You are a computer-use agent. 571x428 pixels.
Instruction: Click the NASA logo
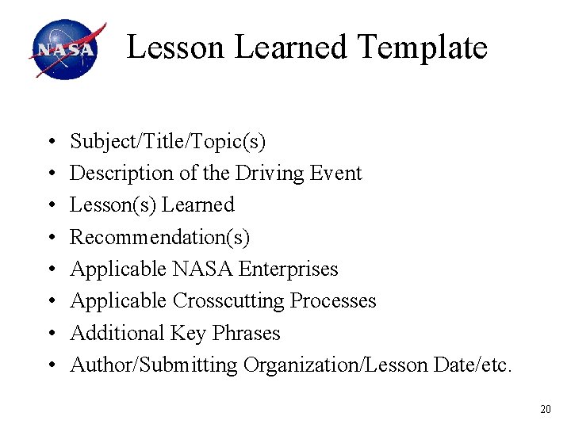point(67,50)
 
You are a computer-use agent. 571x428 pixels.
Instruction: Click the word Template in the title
point(422,48)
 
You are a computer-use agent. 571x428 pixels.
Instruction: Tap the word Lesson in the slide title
point(176,48)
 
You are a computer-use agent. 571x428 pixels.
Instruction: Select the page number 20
point(545,409)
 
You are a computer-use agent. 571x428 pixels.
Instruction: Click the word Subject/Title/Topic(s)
point(168,142)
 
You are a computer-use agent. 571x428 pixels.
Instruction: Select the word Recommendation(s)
point(160,237)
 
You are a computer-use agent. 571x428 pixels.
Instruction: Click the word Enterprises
point(288,269)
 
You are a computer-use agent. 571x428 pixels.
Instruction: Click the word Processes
point(333,301)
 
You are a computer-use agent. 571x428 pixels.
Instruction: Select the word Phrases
point(246,334)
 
